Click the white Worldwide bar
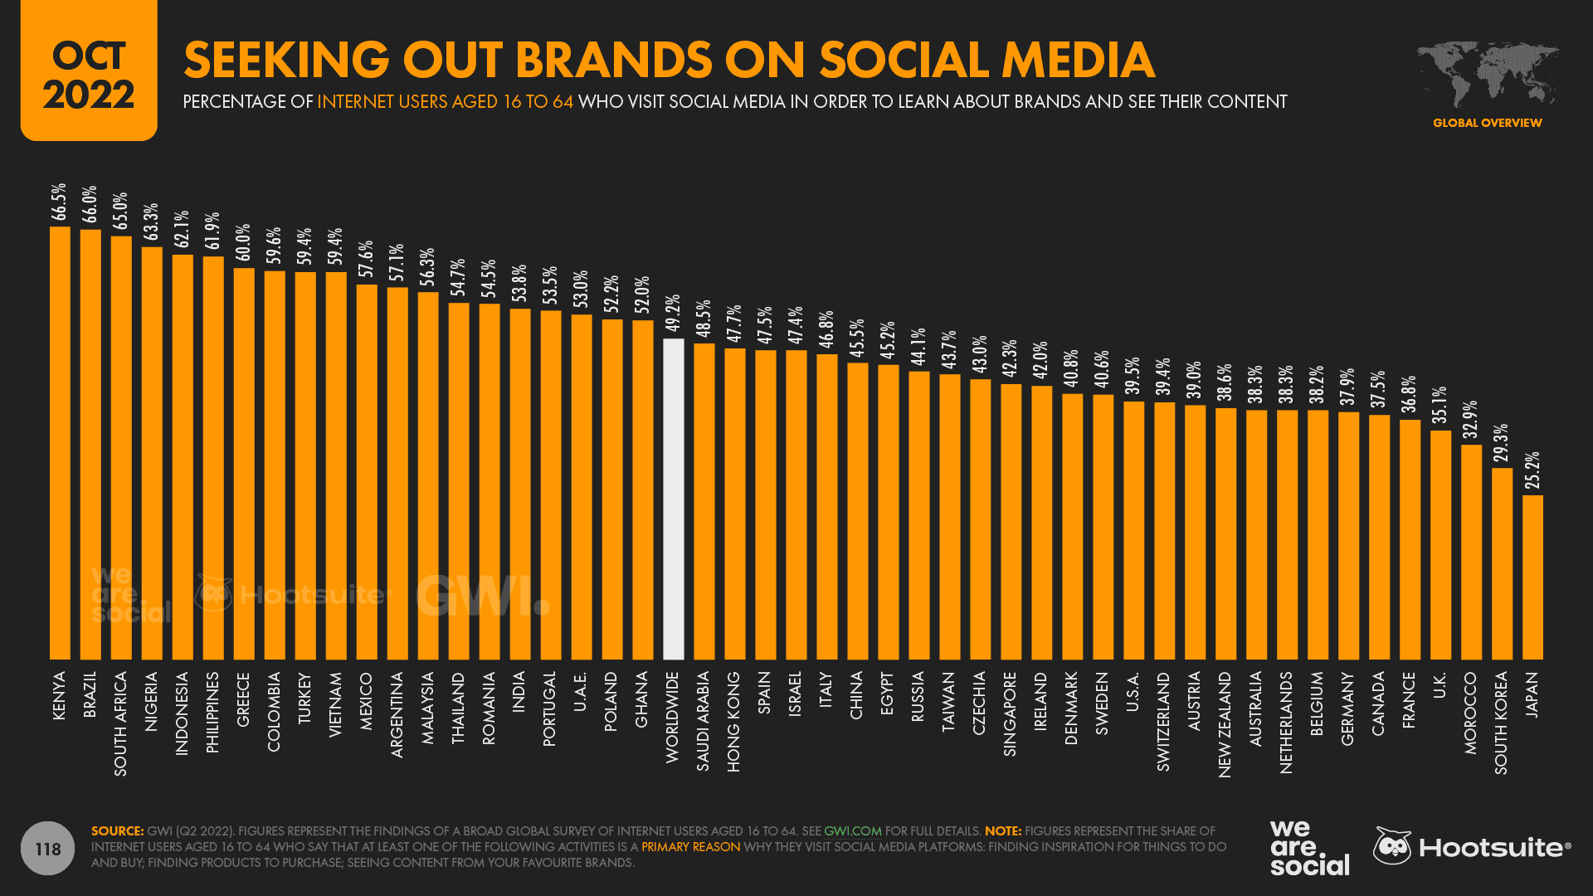tap(674, 499)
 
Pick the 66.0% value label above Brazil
tap(90, 204)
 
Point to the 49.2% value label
tap(673, 313)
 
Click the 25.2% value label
tap(1532, 470)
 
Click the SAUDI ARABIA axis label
tap(704, 721)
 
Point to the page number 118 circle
tap(48, 849)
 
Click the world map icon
tap(1487, 75)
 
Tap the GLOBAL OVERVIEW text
tap(1487, 123)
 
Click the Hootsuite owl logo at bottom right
tap(1391, 846)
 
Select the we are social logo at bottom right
tap(1308, 847)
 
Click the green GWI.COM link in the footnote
tap(852, 831)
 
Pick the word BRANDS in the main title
tap(613, 60)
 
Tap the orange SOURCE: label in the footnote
tap(117, 831)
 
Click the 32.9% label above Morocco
tap(1471, 420)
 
